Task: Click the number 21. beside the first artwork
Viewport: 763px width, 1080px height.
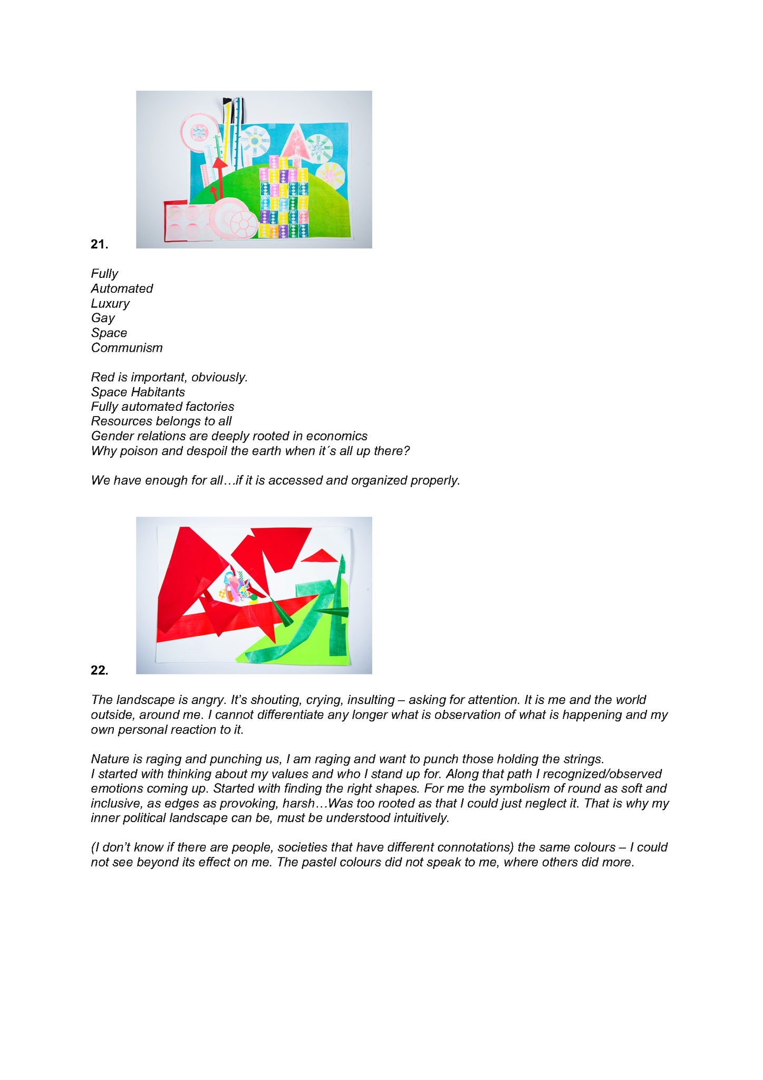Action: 100,244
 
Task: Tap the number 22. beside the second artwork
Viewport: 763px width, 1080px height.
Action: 100,670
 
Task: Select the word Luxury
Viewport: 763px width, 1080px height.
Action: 110,304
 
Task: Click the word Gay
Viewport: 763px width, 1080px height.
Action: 103,318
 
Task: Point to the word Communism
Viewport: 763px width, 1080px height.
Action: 127,348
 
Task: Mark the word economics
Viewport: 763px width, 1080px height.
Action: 337,436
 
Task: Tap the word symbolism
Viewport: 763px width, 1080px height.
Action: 510,789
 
